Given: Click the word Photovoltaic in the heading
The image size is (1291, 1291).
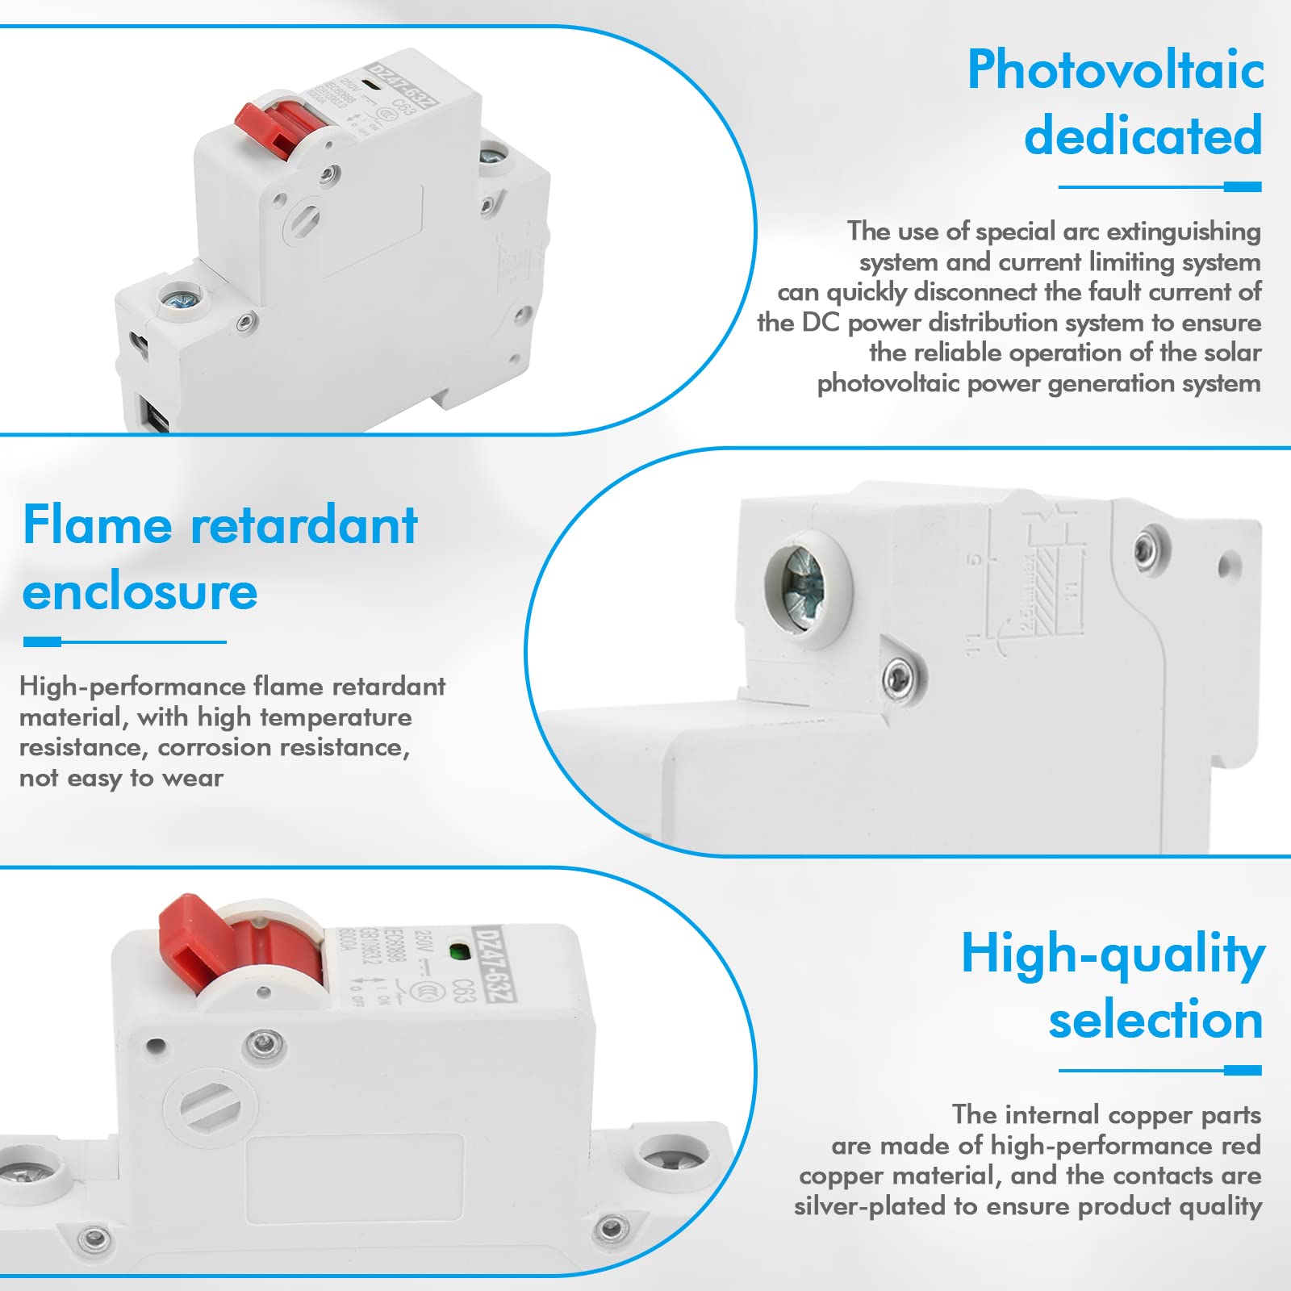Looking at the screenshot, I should click(1115, 70).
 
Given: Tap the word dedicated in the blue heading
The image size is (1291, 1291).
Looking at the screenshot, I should click(1143, 136).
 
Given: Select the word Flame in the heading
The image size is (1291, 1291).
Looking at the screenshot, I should click(97, 525).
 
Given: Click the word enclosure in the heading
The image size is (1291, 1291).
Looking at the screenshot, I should click(140, 592).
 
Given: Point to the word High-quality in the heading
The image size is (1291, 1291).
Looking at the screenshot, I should click(1113, 955).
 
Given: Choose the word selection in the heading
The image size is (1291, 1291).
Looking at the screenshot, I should click(1155, 1020).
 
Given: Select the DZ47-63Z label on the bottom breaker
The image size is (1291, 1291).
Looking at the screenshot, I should click(494, 965).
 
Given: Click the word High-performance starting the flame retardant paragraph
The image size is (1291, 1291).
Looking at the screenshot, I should click(132, 687).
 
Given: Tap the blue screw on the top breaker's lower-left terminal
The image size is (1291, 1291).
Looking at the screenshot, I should click(179, 300).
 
